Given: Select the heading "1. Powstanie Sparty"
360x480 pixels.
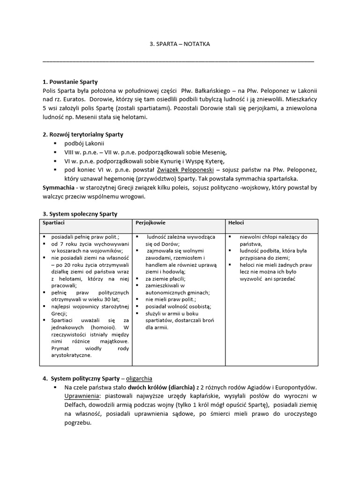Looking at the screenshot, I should (x=70, y=82).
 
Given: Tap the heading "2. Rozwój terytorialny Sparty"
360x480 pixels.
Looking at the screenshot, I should (x=83, y=135).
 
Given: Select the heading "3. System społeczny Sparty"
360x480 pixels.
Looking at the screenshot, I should (x=80, y=214).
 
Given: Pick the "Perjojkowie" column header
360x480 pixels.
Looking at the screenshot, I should (x=150, y=223).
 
